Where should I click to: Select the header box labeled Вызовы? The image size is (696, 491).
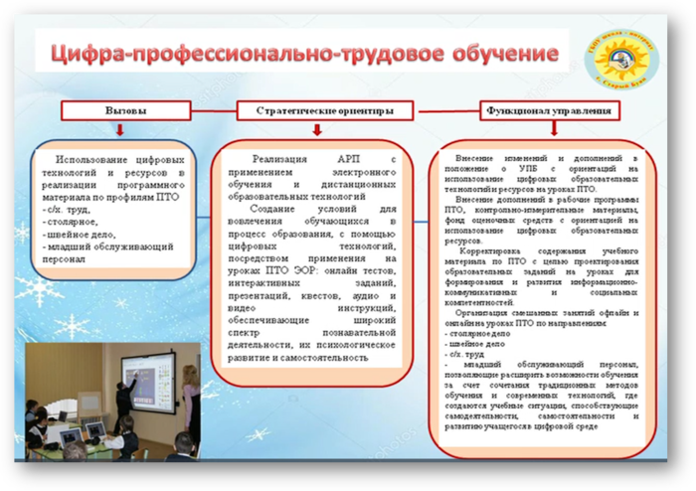pos(119,109)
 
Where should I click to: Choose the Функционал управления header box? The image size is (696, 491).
pos(534,109)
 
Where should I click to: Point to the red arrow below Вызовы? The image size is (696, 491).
pos(119,131)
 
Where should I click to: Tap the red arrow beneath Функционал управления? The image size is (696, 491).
pos(533,131)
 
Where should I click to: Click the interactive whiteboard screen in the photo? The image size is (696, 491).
pos(147,379)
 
